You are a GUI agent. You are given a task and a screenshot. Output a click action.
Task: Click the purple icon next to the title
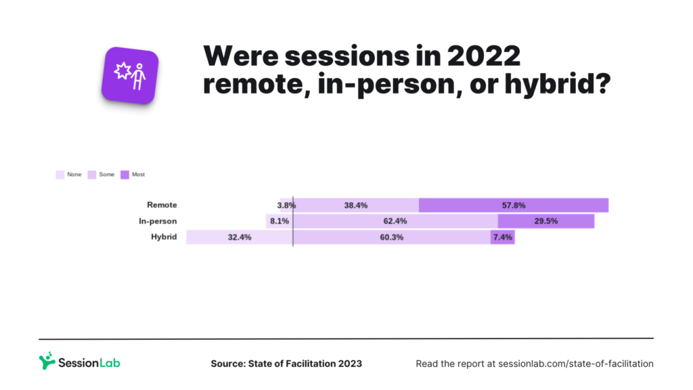130,75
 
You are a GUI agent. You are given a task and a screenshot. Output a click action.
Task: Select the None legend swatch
60,175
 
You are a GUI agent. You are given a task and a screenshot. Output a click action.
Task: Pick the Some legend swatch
92,175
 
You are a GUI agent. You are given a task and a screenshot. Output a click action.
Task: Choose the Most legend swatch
125,175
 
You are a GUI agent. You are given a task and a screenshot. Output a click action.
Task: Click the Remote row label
162,204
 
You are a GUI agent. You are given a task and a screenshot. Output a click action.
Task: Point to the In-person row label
158,221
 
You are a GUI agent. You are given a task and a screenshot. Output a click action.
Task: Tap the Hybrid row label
164,237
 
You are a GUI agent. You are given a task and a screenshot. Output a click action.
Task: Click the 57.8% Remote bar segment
513,205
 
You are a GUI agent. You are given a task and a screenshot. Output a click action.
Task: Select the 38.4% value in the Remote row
355,205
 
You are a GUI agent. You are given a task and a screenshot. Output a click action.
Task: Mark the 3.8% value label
286,205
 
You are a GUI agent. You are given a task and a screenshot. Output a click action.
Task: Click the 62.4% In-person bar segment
395,221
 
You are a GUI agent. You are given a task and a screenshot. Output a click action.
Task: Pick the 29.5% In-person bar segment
545,221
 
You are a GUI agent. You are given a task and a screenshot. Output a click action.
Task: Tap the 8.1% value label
279,221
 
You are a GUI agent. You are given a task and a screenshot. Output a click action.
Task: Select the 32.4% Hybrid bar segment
239,238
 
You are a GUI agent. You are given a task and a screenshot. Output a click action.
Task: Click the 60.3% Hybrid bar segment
391,238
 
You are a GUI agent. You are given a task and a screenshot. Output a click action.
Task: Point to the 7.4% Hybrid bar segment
503,238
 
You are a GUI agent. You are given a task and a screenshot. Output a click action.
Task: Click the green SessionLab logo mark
47,360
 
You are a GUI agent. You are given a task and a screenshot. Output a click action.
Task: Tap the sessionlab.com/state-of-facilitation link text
575,364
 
